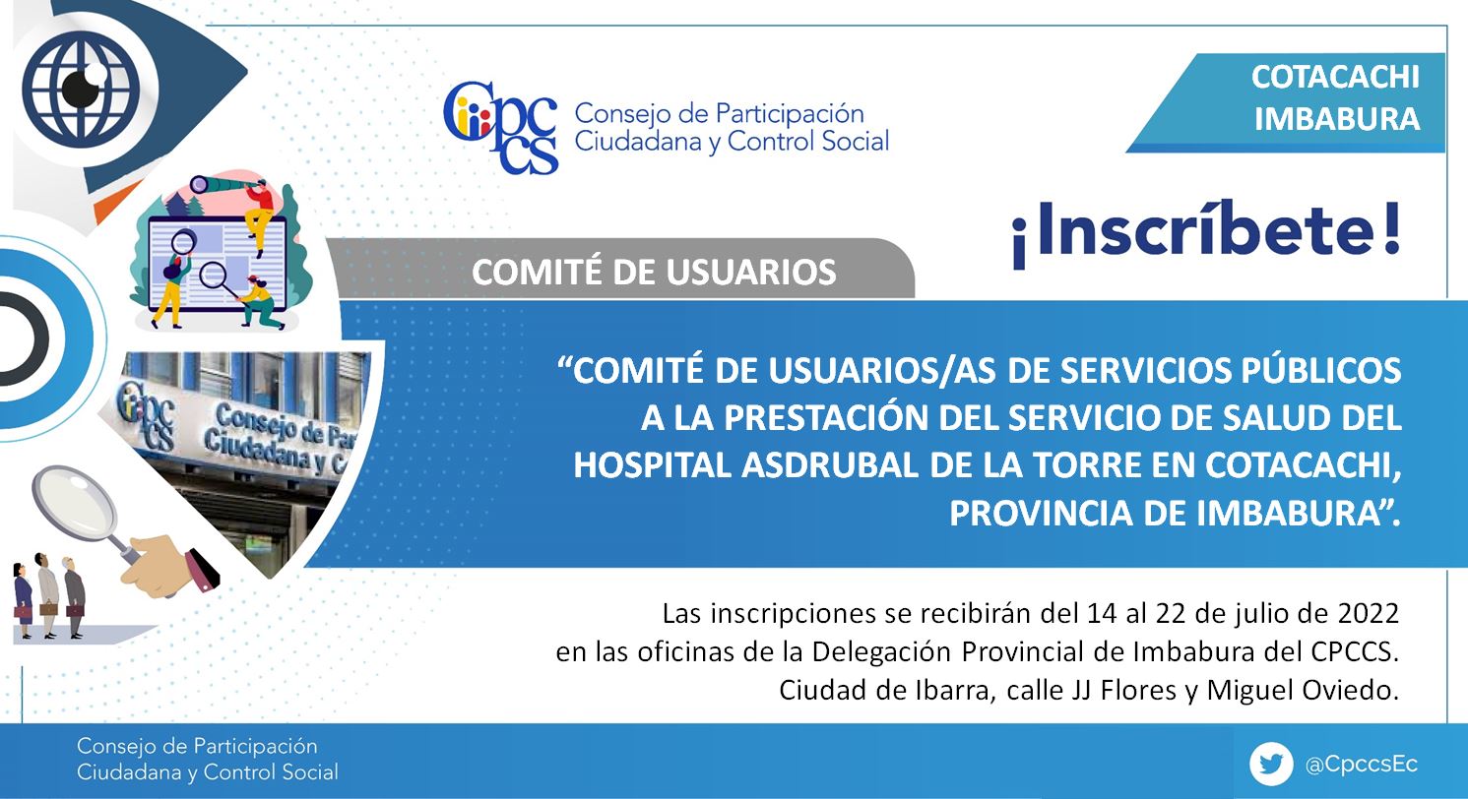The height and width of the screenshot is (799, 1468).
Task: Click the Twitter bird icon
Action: click(1271, 764)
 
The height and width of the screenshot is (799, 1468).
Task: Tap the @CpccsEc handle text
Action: click(1362, 765)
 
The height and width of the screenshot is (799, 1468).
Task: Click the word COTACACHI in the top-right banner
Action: click(1335, 78)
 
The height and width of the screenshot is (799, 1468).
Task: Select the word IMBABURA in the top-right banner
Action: click(1337, 119)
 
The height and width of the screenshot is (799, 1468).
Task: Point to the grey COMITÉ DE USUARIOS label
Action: click(654, 273)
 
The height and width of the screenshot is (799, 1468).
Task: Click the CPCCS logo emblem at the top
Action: click(501, 127)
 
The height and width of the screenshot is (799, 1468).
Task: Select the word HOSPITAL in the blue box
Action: click(652, 465)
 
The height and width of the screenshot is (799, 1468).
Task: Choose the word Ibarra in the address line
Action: click(958, 691)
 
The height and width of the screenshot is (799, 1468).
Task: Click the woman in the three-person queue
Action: click(23, 600)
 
